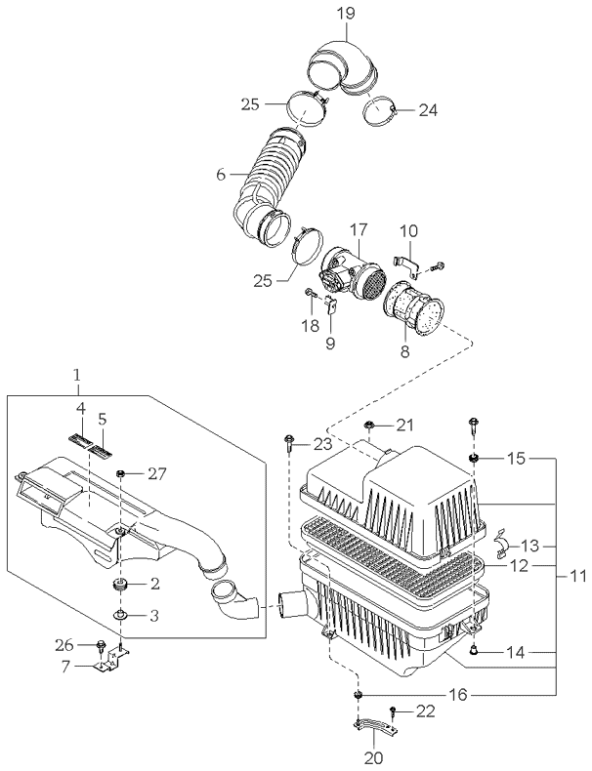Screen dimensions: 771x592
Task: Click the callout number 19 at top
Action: click(345, 14)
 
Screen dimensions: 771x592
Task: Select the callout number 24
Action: click(428, 110)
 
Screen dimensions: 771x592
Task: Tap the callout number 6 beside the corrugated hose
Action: click(221, 175)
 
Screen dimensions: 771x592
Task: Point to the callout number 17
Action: click(359, 229)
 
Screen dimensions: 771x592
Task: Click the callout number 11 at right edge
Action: click(578, 577)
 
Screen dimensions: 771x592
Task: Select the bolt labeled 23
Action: click(290, 444)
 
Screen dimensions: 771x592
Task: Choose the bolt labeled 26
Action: click(104, 645)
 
